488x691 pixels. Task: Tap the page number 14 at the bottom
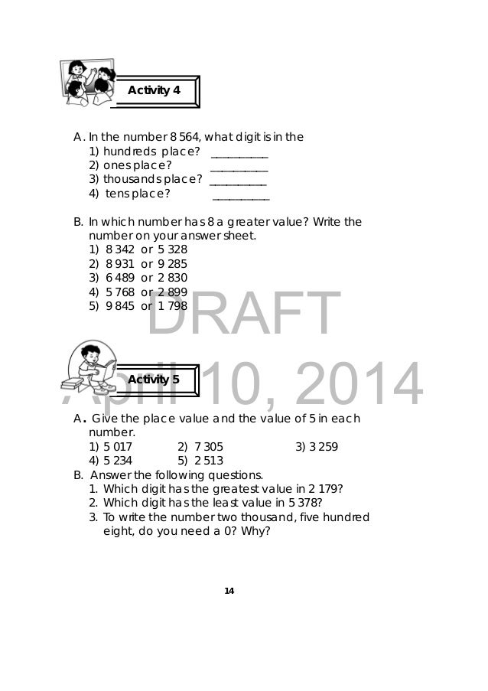tap(229, 591)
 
